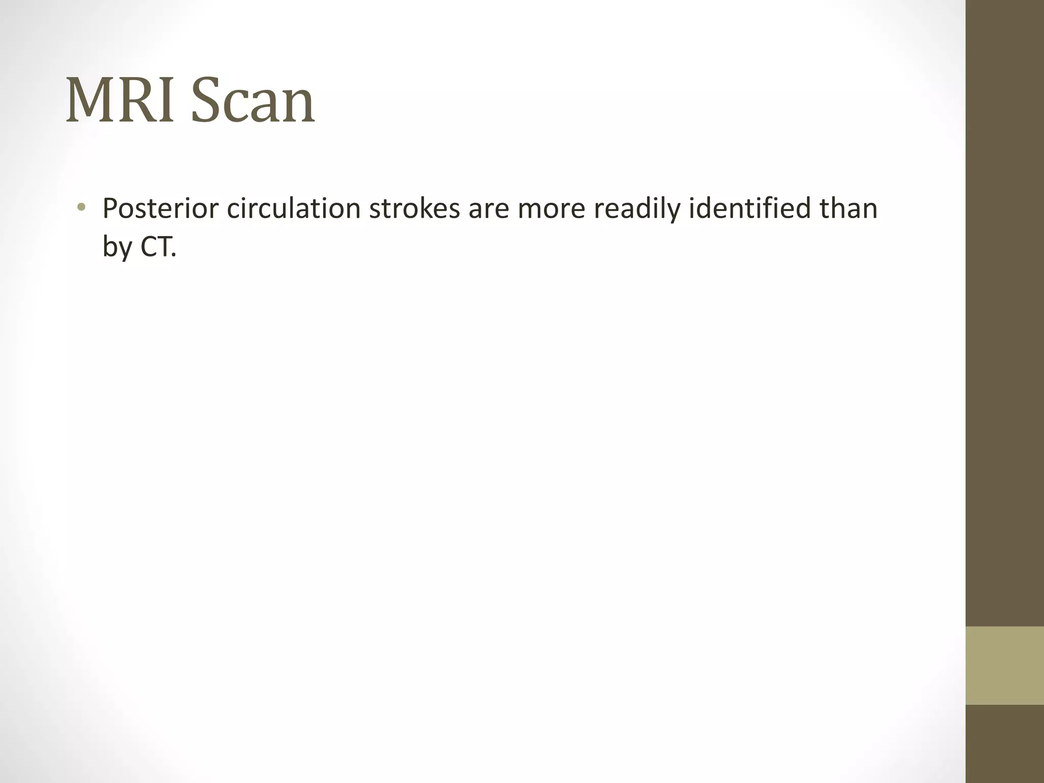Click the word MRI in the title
(x=122, y=100)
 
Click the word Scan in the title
(x=253, y=100)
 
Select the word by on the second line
(x=117, y=248)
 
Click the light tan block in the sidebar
(x=1004, y=665)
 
